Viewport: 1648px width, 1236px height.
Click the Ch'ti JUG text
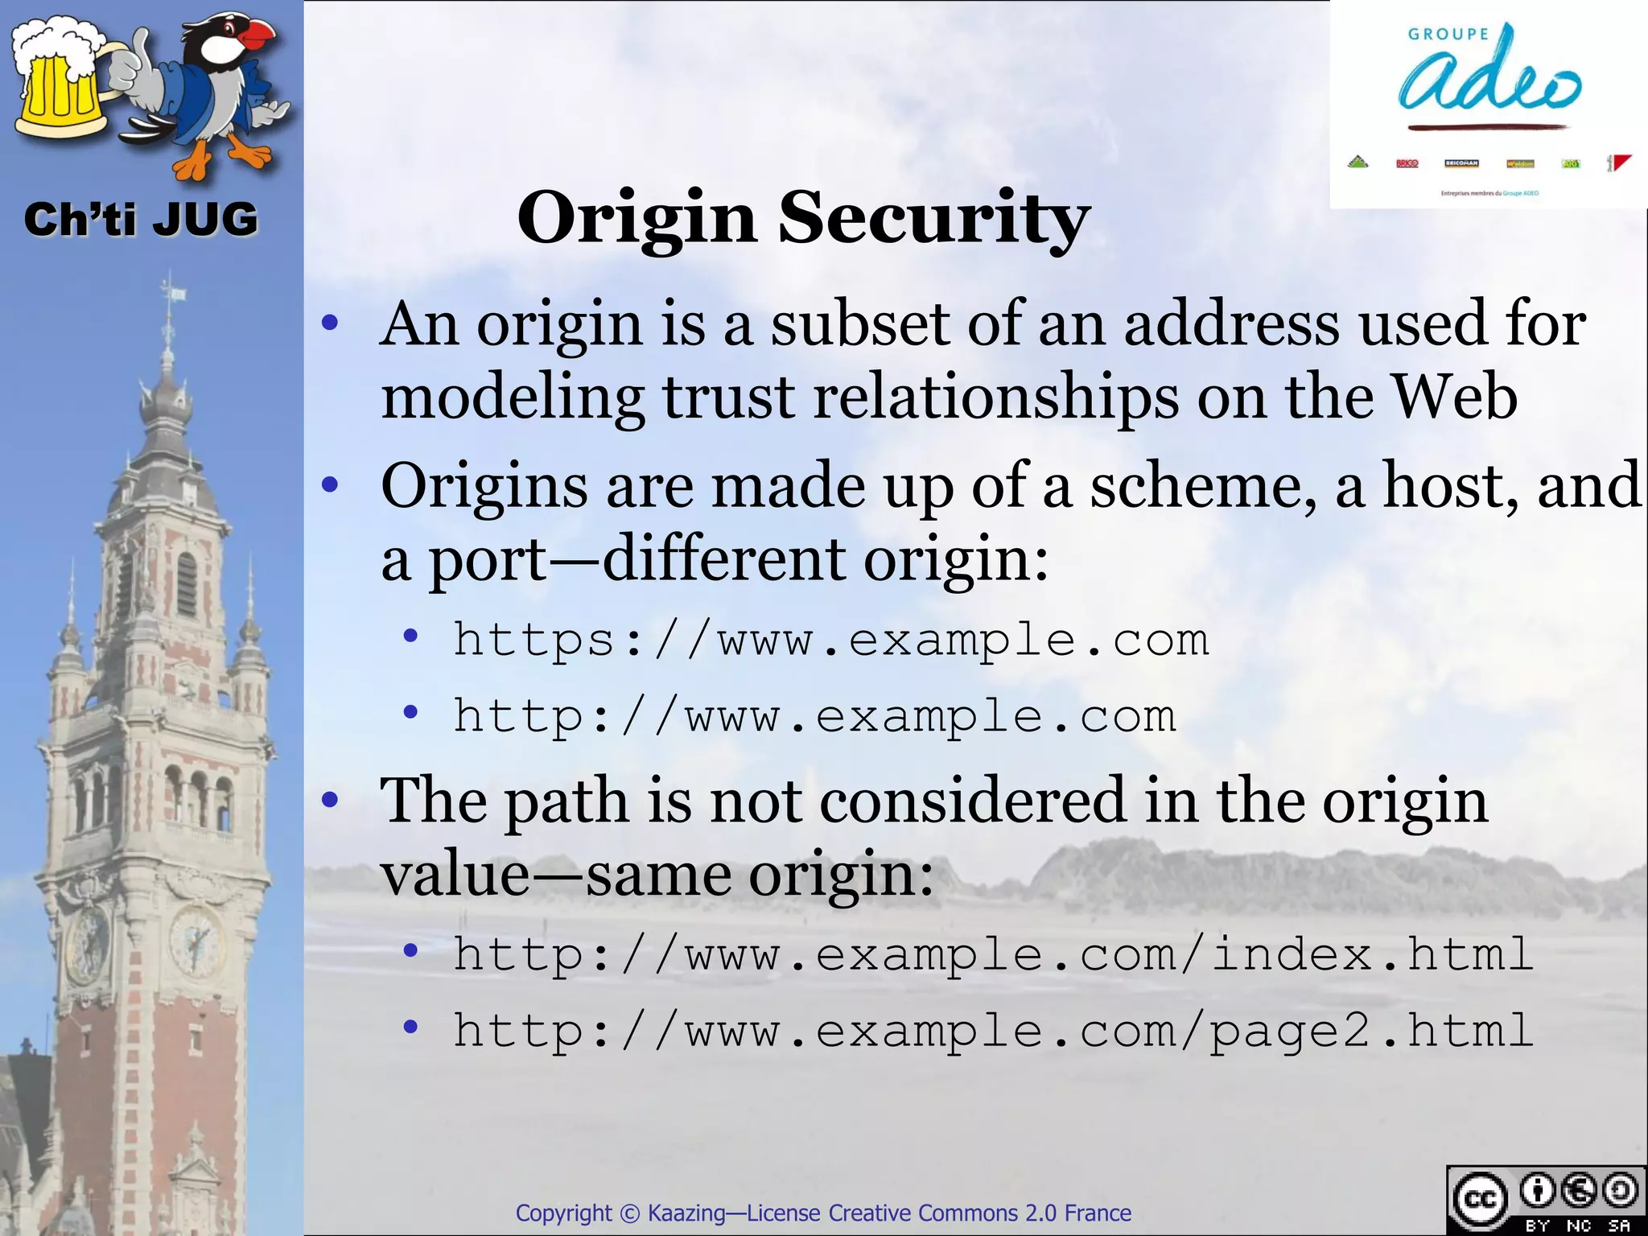[x=141, y=220]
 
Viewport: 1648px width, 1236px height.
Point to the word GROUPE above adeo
[x=1448, y=34]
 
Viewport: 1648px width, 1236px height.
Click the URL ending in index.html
[x=993, y=955]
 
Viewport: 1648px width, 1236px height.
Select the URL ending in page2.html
[x=993, y=1031]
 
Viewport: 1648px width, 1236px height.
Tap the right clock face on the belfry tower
[x=196, y=940]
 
